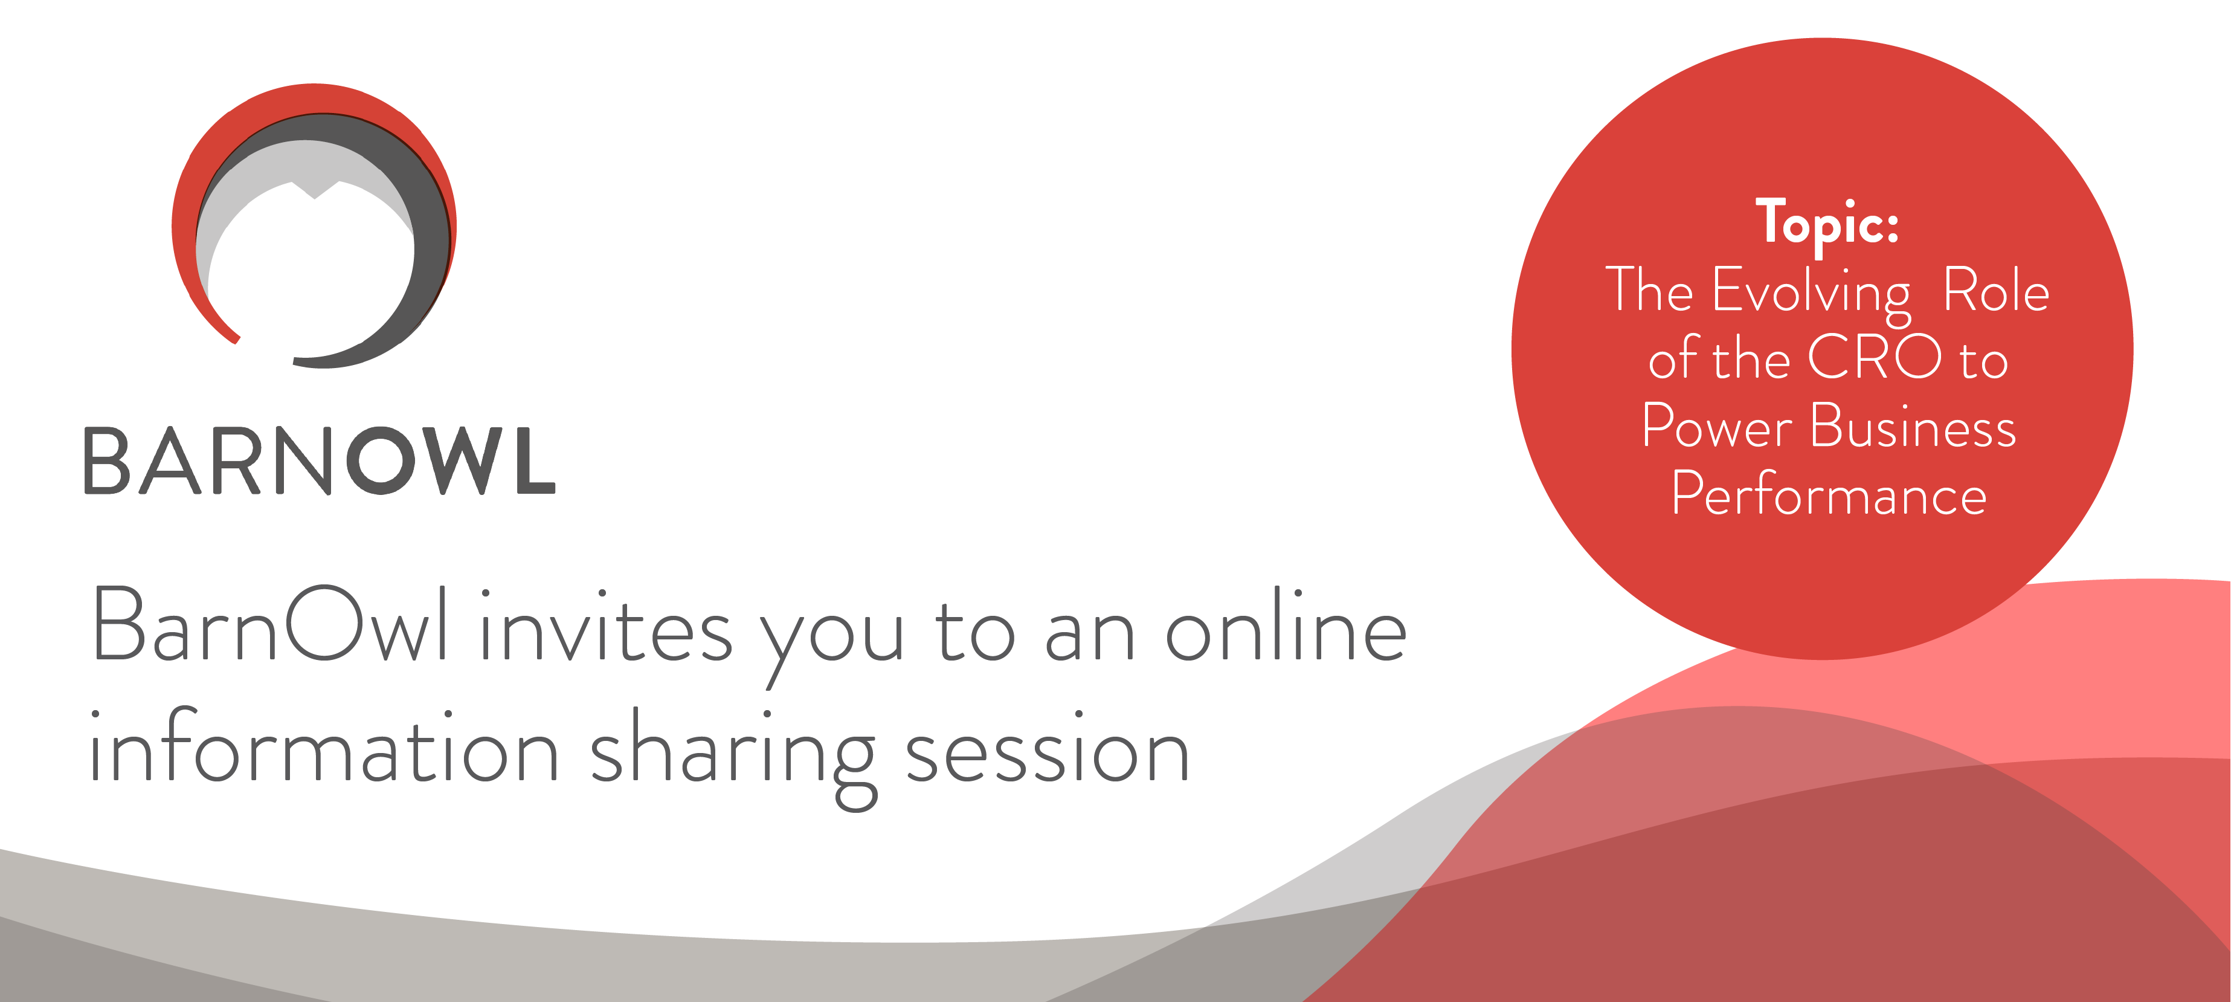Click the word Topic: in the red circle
pyautogui.click(x=1827, y=224)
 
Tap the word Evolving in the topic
pyautogui.click(x=1811, y=294)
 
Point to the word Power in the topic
pyautogui.click(x=1716, y=425)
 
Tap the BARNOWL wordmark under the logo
pyautogui.click(x=319, y=461)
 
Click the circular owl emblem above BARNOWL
pyautogui.click(x=314, y=226)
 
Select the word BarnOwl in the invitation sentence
pyautogui.click(x=270, y=624)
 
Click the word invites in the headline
pyautogui.click(x=607, y=625)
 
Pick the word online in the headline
pyautogui.click(x=1286, y=624)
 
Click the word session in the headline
pyautogui.click(x=1048, y=746)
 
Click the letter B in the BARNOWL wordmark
pyautogui.click(x=106, y=461)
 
